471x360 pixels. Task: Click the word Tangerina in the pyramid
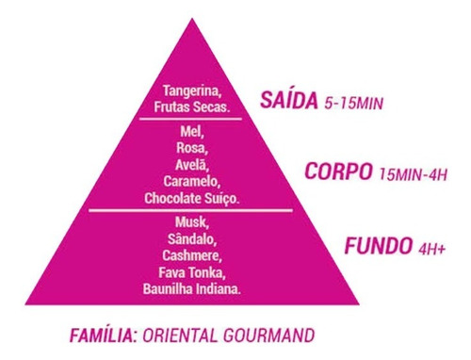coord(190,90)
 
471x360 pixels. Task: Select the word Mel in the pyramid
coord(192,132)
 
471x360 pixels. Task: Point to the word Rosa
coord(192,148)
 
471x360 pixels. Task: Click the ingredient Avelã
coord(192,164)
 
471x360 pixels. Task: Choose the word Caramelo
coord(192,180)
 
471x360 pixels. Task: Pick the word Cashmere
coord(192,256)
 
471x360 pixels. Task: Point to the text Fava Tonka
coord(192,272)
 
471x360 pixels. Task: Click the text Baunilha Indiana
coord(192,288)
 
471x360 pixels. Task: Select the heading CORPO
coord(336,173)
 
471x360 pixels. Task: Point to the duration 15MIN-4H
coord(413,174)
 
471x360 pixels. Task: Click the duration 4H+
coord(432,250)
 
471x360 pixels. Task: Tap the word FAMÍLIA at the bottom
coord(103,335)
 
